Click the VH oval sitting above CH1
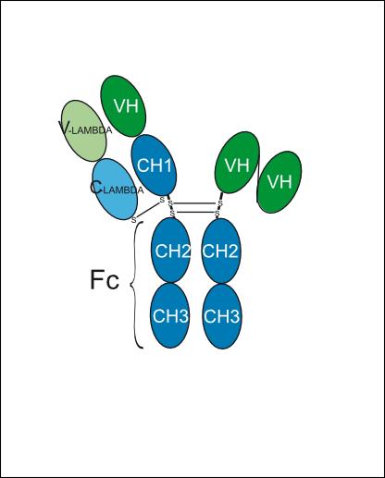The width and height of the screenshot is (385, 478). click(123, 105)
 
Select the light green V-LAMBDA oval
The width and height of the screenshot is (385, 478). click(84, 130)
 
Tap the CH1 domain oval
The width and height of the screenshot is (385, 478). click(154, 165)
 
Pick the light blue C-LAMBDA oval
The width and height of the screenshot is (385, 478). click(115, 189)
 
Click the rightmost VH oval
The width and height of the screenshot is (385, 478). click(279, 182)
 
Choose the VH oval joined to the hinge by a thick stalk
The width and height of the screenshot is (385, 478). click(237, 163)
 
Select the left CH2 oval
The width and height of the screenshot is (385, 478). click(170, 250)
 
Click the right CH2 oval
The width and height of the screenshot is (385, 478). click(221, 251)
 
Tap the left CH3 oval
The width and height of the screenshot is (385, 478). click(170, 316)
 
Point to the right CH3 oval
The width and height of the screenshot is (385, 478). click(222, 316)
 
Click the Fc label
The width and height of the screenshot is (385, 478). click(105, 280)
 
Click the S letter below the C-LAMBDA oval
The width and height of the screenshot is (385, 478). click(133, 220)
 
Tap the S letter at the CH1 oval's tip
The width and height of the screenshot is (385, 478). click(162, 200)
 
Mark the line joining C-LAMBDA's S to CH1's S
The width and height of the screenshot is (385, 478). click(148, 210)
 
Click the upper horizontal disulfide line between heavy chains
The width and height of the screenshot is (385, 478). click(195, 203)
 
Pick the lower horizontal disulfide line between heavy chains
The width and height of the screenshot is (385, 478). click(196, 213)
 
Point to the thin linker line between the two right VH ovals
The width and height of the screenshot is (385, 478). click(258, 182)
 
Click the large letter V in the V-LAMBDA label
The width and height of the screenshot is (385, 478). click(64, 128)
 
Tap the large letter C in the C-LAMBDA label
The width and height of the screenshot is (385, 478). click(95, 188)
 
